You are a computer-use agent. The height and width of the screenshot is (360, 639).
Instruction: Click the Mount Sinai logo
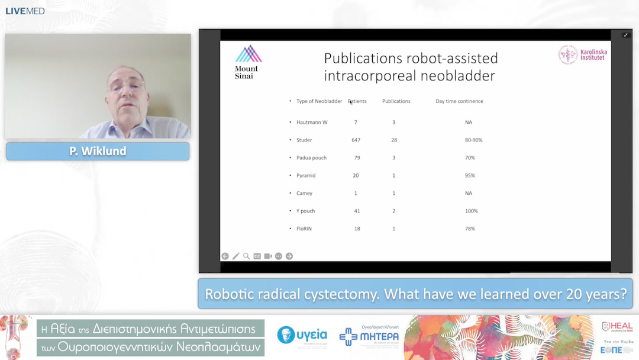point(248,62)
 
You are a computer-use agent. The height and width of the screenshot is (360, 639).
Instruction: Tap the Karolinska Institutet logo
point(582,55)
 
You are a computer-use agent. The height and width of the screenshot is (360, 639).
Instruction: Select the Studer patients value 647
point(356,140)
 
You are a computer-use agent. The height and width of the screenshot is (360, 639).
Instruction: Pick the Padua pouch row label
point(311,158)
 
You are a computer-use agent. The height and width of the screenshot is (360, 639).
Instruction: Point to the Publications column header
point(396,101)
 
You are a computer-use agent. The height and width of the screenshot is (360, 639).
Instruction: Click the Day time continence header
point(459,101)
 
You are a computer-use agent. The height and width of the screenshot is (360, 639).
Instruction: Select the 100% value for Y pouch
point(471,211)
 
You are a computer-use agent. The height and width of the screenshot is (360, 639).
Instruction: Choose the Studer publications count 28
point(394,140)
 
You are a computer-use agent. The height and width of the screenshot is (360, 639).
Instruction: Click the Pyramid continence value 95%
point(470,176)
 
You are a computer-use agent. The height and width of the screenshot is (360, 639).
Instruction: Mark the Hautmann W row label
point(312,123)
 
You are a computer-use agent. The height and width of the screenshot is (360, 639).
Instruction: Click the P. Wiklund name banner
point(98,152)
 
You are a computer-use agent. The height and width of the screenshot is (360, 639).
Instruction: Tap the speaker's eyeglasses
point(126,88)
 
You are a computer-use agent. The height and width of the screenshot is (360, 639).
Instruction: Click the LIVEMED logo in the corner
point(25,11)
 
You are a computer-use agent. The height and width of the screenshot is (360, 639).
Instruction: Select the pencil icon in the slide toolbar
point(235,256)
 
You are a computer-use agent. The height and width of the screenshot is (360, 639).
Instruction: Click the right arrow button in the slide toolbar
point(289,256)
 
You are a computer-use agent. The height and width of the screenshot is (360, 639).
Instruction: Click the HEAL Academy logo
point(617,327)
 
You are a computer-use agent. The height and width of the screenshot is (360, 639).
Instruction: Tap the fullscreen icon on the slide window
point(625,36)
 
